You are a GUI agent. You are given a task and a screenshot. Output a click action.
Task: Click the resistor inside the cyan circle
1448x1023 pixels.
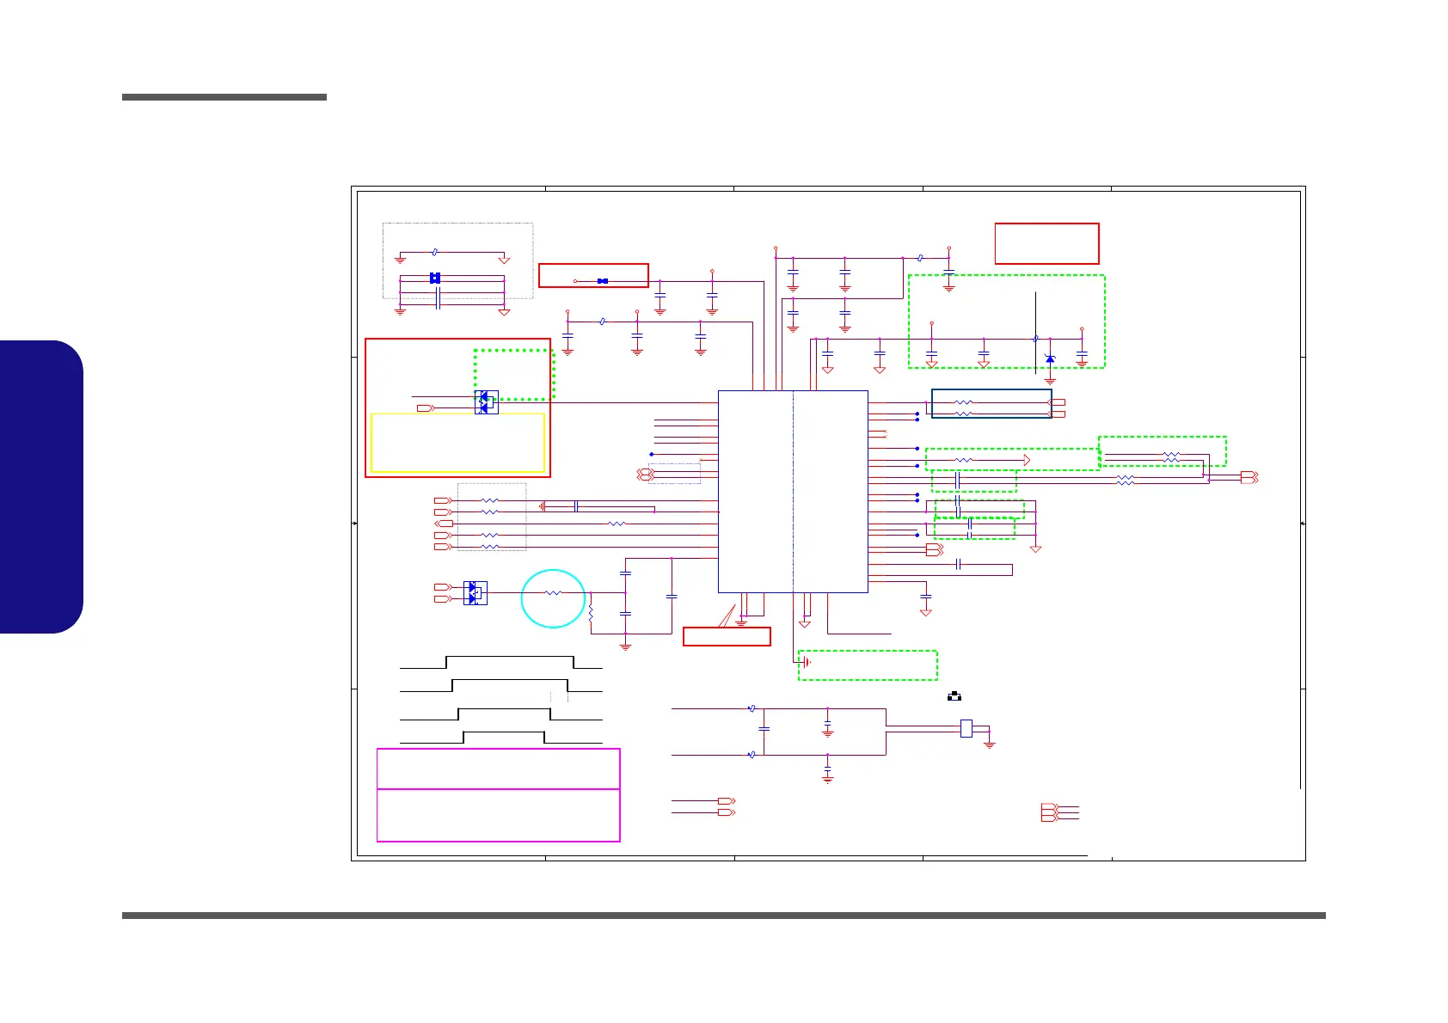coord(553,592)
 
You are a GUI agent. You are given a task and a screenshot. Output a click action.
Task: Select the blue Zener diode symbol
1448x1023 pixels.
coord(1050,358)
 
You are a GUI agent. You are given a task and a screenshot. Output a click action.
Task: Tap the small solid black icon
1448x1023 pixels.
coord(954,696)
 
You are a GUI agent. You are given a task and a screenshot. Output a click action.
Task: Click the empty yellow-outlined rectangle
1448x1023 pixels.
coord(457,443)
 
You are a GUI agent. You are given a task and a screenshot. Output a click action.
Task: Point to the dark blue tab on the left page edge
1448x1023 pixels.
coord(41,487)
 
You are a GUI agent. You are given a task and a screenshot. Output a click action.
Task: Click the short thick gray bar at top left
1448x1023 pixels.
coord(224,97)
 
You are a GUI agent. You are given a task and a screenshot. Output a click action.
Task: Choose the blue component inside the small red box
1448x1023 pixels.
coord(603,281)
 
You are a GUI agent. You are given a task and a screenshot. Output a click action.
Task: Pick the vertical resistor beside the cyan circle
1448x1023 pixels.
coord(591,614)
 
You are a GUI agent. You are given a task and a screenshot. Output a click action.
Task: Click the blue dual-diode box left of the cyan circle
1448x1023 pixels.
coord(475,592)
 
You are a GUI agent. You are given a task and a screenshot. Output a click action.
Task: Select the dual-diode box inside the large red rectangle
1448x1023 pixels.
coord(486,402)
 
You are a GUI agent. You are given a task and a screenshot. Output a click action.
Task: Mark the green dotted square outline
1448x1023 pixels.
coord(513,374)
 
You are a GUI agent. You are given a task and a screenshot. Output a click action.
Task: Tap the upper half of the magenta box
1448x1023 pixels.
coord(499,769)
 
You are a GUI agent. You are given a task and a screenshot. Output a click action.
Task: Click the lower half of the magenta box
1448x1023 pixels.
coord(499,815)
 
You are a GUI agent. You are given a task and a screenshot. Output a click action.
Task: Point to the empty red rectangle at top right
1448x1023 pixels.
coord(1046,243)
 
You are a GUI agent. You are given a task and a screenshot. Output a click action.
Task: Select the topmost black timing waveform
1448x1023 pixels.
coord(500,662)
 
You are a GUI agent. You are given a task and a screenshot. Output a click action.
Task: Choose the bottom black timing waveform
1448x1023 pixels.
coord(500,738)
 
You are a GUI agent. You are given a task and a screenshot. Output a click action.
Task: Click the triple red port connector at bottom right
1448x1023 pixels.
coord(1049,812)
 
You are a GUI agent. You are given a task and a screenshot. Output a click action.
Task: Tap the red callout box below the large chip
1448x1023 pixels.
coord(727,636)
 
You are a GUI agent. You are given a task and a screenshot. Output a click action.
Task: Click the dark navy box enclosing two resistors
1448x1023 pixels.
coord(991,404)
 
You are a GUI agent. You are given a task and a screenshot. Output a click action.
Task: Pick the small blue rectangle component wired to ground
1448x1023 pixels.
coord(966,728)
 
